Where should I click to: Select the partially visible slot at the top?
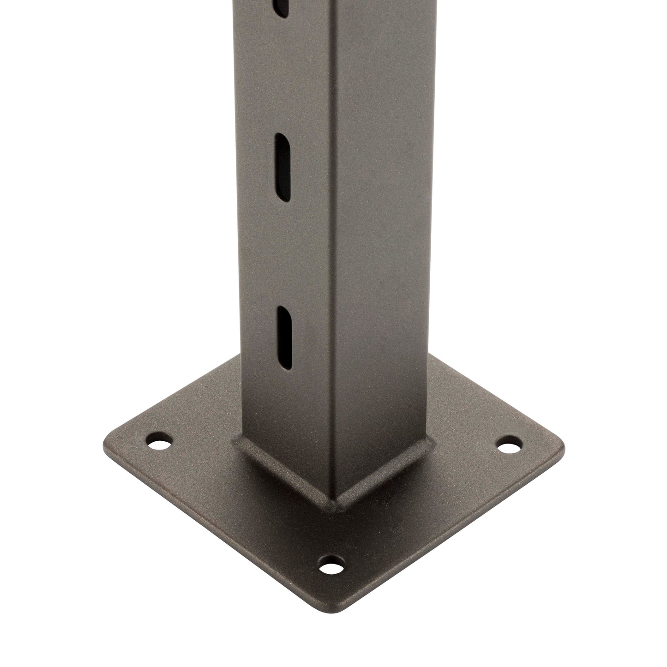(x=281, y=7)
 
